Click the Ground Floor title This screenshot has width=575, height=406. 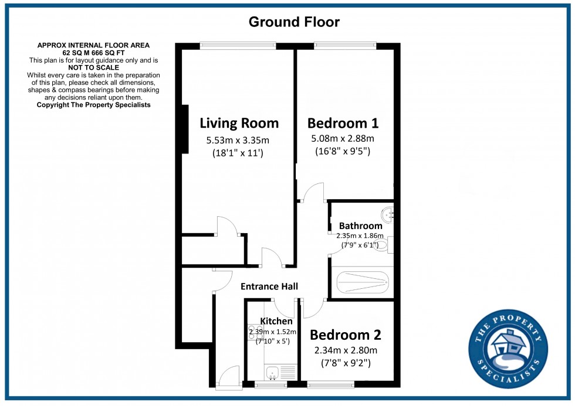(294, 22)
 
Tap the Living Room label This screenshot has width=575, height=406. (239, 123)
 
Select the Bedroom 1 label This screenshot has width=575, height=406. (343, 123)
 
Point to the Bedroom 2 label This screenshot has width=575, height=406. (345, 335)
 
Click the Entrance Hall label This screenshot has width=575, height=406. (269, 286)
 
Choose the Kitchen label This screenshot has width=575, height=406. (276, 321)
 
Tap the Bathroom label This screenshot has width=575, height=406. (360, 226)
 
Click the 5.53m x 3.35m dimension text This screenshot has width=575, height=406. (238, 141)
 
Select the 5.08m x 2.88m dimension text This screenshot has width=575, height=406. (343, 139)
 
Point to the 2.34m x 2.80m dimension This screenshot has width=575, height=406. (345, 350)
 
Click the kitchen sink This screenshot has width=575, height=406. (272, 371)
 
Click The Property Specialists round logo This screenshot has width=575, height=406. (508, 348)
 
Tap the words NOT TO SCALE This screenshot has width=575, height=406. (94, 67)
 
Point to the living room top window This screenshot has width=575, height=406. (237, 45)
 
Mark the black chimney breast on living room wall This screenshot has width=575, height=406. (185, 129)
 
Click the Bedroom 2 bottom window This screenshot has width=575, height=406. (330, 384)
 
